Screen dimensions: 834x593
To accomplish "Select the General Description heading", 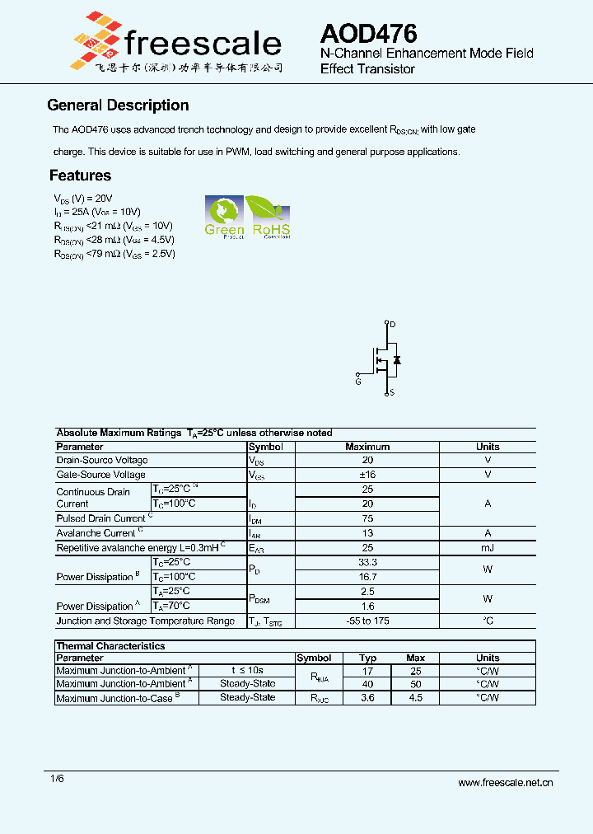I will pos(118,105).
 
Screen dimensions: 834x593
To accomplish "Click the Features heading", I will pos(80,176).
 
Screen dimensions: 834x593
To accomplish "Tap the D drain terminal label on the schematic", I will pos(393,325).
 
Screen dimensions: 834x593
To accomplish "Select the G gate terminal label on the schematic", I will pos(358,382).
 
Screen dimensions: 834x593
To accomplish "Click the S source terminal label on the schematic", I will pos(392,392).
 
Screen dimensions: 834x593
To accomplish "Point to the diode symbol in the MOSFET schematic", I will pos(397,360).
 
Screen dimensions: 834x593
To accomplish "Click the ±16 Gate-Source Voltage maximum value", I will pos(367,475).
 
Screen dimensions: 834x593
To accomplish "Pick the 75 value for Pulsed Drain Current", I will pos(367,518).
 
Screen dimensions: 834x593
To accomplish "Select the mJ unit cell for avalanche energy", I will pos(488,548).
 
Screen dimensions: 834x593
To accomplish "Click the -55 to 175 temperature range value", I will pos(367,621).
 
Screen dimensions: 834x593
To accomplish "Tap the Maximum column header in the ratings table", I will pos(367,447).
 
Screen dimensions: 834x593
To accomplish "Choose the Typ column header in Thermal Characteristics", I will pos(368,658).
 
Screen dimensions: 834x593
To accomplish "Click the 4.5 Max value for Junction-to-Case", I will pos(416,697).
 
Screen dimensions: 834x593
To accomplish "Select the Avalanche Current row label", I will pos(96,533).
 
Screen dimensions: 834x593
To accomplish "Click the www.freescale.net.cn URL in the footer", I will pos(505,783).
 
